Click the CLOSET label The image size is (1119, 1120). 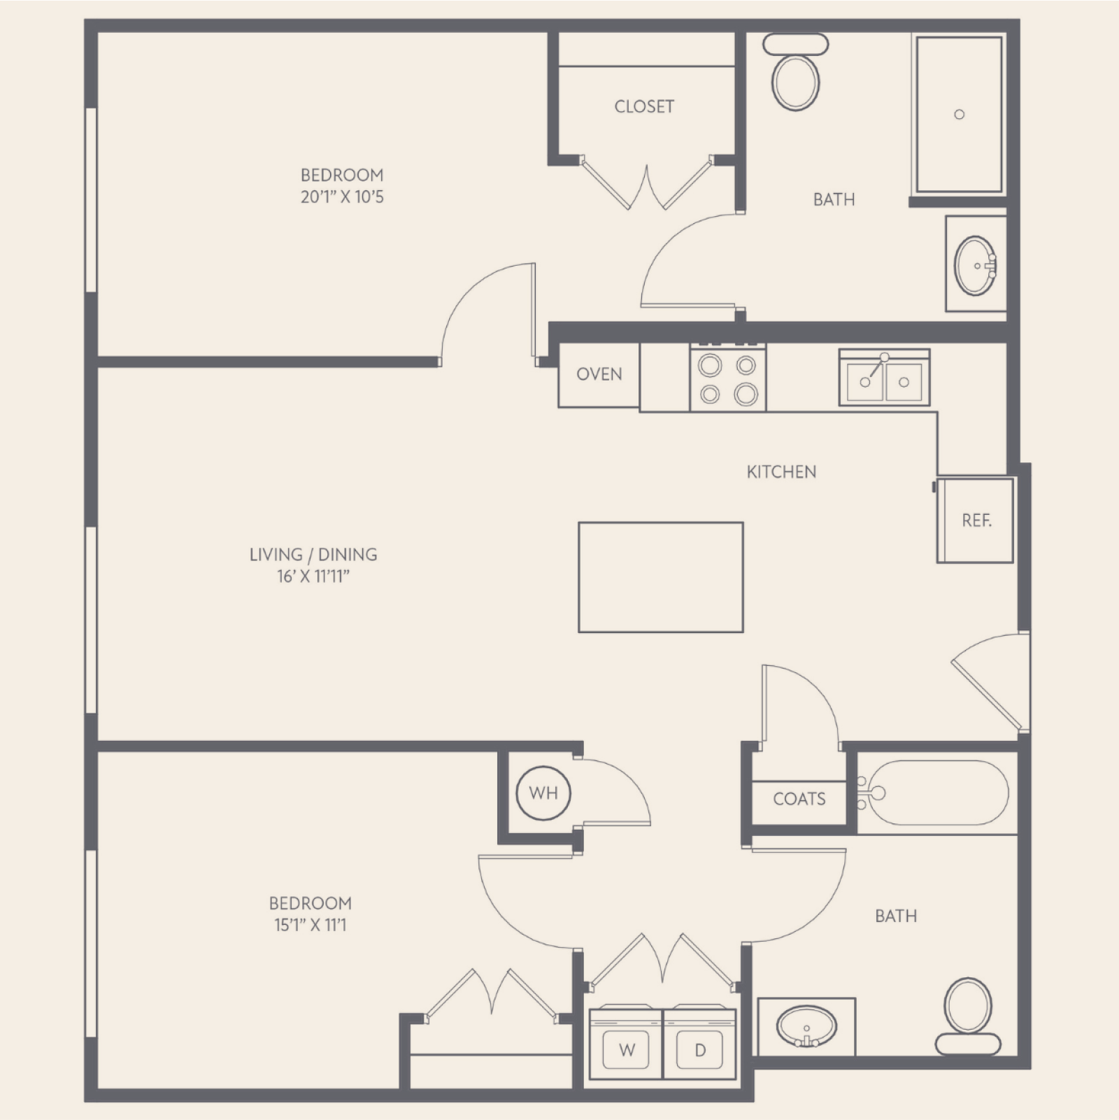click(x=644, y=106)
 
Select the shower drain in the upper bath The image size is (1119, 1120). click(x=960, y=114)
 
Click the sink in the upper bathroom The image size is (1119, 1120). click(x=975, y=266)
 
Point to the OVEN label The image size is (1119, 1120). click(x=599, y=374)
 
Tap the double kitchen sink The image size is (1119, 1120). click(x=884, y=378)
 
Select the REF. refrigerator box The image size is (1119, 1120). click(x=975, y=520)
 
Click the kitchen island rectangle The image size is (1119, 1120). click(x=661, y=577)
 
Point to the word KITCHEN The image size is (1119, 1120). click(x=781, y=472)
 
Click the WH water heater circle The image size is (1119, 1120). click(x=543, y=793)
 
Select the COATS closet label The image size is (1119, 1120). click(x=799, y=799)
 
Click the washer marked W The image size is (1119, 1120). click(x=627, y=1044)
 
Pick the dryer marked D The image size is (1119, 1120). click(x=699, y=1044)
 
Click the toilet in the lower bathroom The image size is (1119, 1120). click(x=968, y=1016)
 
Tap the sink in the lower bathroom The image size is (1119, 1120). click(x=806, y=1026)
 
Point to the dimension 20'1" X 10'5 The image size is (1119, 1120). click(x=342, y=197)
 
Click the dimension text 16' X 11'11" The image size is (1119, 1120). click(x=313, y=577)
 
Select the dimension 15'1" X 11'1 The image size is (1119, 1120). click(x=311, y=926)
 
